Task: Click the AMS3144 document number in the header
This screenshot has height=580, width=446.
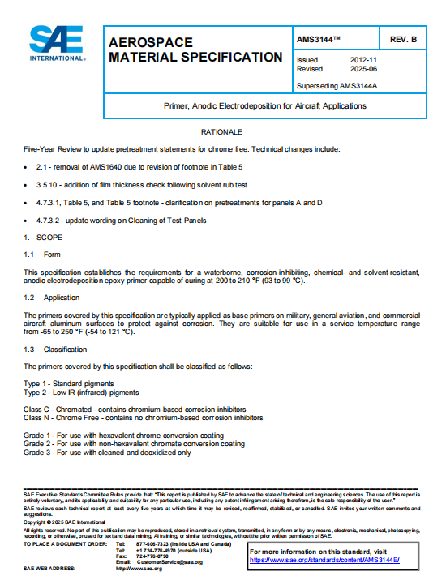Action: [319, 39]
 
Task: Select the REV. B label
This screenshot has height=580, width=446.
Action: [403, 39]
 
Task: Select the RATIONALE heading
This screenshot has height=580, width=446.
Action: [221, 131]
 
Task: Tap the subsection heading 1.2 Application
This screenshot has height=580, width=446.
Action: [50, 299]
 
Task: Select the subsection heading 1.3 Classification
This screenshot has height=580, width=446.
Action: [53, 349]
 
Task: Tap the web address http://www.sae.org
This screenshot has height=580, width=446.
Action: [139, 569]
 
